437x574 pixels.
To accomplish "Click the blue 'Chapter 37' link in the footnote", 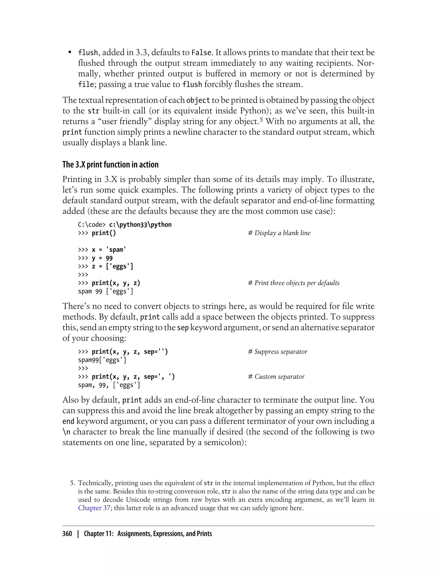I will click(x=94, y=508).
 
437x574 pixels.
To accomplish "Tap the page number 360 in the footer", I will click(x=67, y=534).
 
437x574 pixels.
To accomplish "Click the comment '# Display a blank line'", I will click(x=279, y=233).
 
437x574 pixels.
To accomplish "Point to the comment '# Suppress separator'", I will click(x=278, y=351).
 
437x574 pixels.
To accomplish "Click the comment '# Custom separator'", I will click(x=276, y=376).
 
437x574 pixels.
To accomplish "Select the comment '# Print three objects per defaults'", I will click(x=294, y=283).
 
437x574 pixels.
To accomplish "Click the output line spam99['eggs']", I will click(x=102, y=360).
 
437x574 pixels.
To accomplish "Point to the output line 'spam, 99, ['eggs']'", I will click(x=109, y=385).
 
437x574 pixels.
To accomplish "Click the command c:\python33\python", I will click(x=140, y=224).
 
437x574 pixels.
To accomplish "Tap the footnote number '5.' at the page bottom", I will click(x=73, y=483).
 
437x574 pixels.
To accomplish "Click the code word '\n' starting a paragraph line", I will click(x=66, y=432).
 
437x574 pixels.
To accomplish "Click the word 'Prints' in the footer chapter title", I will click(x=204, y=534).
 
